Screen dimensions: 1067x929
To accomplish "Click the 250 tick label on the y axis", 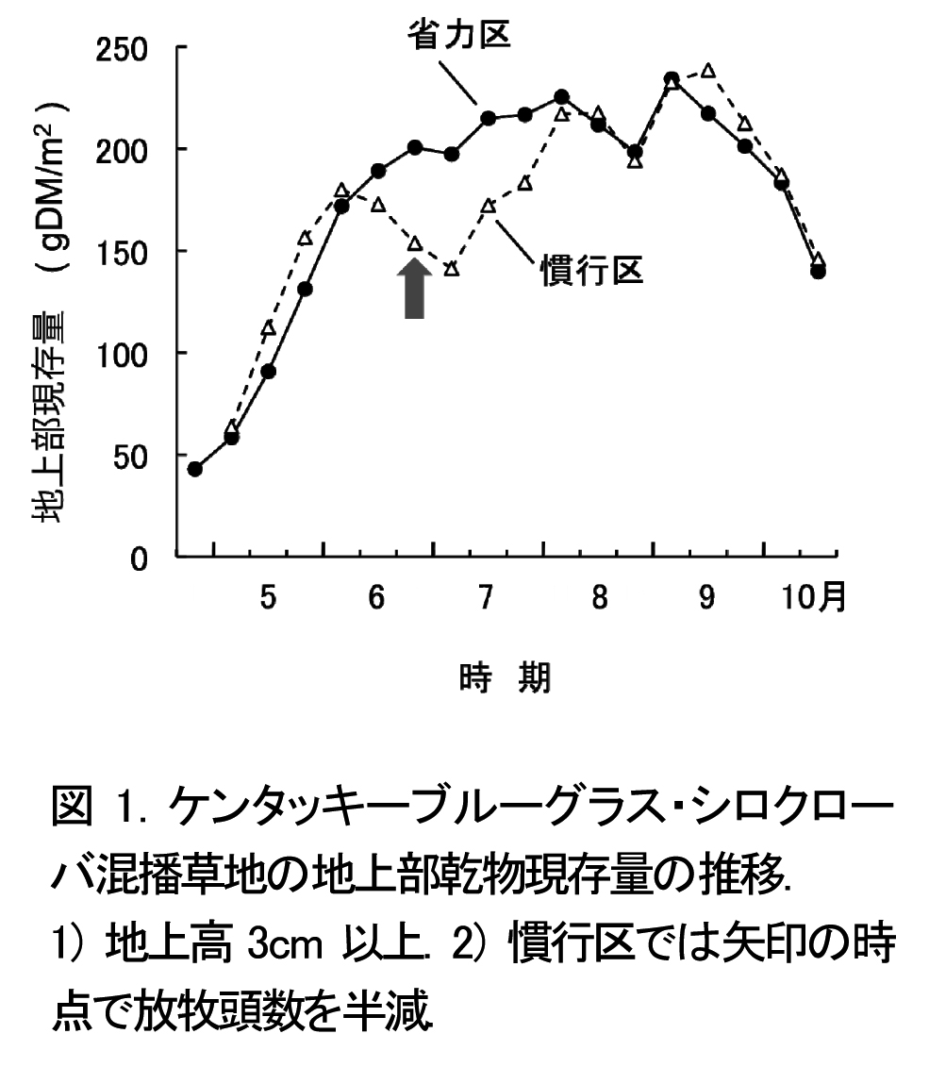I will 126,48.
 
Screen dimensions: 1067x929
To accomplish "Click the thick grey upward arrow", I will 414,289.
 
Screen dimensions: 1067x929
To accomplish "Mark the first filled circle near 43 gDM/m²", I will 195,469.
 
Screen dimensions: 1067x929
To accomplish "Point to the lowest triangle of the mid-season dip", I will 451,269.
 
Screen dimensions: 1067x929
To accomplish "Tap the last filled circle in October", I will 818,272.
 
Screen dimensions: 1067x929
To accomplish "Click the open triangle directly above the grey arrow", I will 414,243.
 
